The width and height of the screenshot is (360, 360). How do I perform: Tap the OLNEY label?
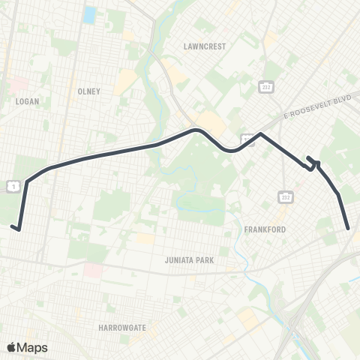[x=88, y=91]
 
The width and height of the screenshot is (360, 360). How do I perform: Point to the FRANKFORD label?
[x=265, y=229]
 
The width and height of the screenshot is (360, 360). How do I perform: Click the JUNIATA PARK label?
[x=189, y=260]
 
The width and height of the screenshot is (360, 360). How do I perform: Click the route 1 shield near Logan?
[x=13, y=184]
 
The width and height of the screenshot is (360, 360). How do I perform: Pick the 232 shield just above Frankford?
[x=285, y=197]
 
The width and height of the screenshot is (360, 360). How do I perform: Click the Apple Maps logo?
[x=28, y=347]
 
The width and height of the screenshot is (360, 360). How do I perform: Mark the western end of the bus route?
[x=12, y=225]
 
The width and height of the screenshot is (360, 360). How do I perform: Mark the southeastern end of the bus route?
[x=349, y=228]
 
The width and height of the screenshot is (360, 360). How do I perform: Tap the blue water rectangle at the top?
[x=90, y=14]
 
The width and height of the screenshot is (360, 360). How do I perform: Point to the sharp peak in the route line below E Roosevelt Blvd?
[x=260, y=134]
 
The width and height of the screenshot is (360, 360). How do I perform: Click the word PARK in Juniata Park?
[x=203, y=260]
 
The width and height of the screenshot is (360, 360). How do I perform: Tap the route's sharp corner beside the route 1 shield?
[x=27, y=181]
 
